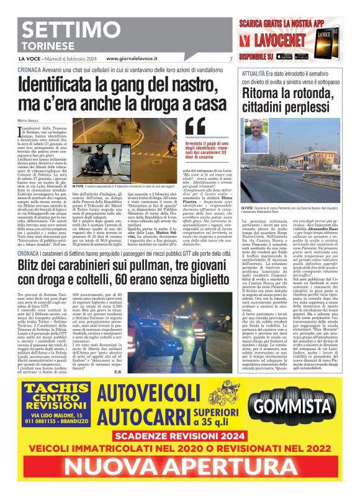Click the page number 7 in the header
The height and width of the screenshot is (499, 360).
(x=230, y=60)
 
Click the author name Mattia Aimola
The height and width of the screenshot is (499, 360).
(x=27, y=118)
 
